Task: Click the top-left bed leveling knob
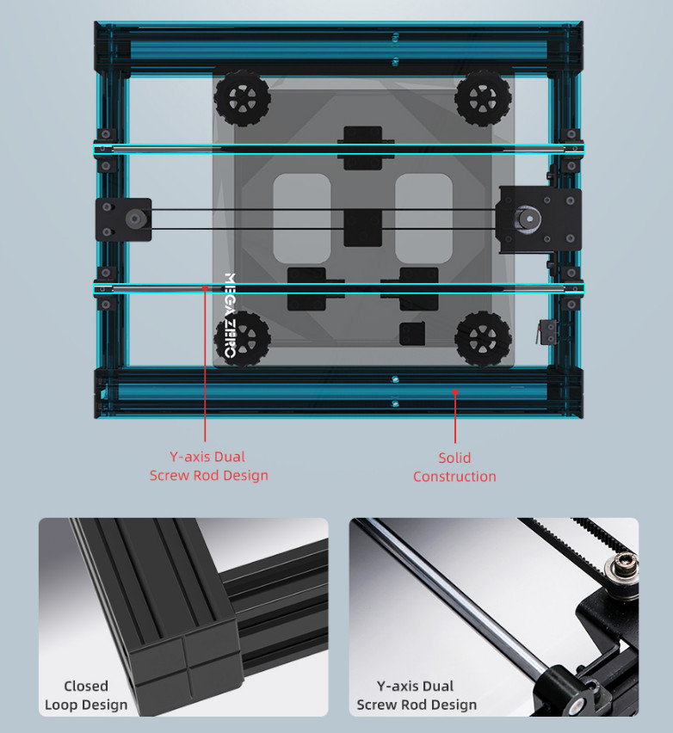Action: [x=242, y=99]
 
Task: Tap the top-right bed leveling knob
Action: [x=483, y=99]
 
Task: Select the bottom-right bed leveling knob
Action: [x=483, y=338]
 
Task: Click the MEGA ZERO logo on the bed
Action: [x=230, y=316]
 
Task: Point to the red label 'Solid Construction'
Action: [x=454, y=467]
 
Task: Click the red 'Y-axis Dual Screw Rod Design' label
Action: [x=208, y=466]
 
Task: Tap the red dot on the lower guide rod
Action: [x=205, y=288]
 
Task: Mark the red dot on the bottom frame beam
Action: [x=455, y=392]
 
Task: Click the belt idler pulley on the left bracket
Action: [x=135, y=219]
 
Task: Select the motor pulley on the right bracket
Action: [x=529, y=218]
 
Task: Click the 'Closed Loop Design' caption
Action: [x=86, y=695]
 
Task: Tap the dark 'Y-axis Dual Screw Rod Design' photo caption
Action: [x=417, y=695]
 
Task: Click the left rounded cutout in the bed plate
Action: [x=302, y=219]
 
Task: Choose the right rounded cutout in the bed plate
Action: [x=423, y=219]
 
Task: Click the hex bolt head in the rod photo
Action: [x=622, y=564]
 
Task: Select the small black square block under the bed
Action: [x=412, y=334]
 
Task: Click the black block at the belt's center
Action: [x=363, y=228]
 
